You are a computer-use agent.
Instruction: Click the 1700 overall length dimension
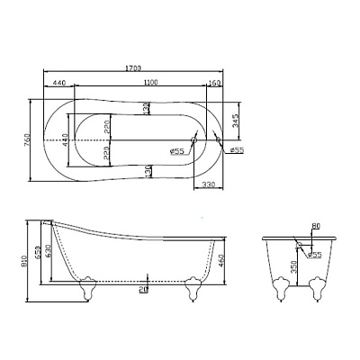click(x=133, y=68)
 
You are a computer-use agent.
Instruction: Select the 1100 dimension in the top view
click(x=150, y=83)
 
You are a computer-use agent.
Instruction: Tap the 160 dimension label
click(x=214, y=83)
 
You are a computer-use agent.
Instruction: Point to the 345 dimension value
click(x=237, y=121)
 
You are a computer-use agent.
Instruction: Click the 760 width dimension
click(x=27, y=140)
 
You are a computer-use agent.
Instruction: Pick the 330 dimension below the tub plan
click(x=209, y=184)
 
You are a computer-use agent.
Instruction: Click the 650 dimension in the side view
click(x=37, y=254)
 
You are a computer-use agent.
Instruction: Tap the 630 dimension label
click(x=49, y=253)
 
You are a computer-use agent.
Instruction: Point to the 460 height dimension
click(x=222, y=262)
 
